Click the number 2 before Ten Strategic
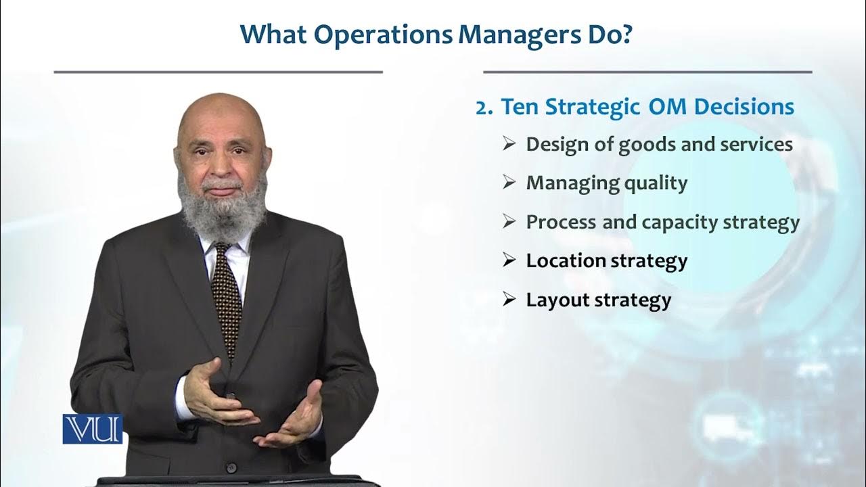point(482,108)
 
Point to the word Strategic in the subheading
point(595,108)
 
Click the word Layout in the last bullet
point(557,300)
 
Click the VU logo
point(93,429)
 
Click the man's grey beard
point(224,210)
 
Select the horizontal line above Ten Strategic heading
point(647,72)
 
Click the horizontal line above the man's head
point(218,72)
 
